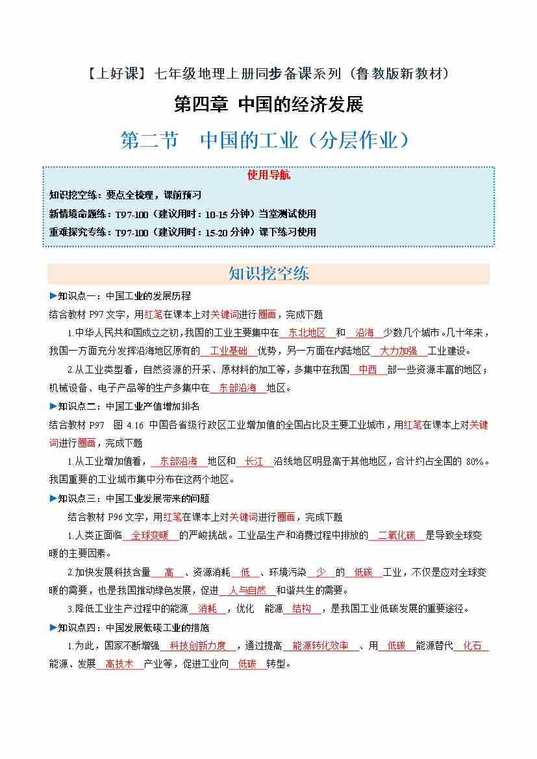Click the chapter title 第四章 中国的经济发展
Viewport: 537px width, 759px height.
[x=268, y=104]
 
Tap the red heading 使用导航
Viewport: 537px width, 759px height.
[x=268, y=175]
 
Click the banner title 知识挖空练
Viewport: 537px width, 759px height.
[x=268, y=273]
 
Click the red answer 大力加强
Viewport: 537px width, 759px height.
[x=399, y=351]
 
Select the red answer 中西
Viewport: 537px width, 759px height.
[x=367, y=370]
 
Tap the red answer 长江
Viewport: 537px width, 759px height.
[x=254, y=462]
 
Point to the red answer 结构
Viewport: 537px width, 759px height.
[x=301, y=609]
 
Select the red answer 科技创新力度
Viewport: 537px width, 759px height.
[x=197, y=646]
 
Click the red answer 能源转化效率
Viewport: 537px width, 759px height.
[x=320, y=646]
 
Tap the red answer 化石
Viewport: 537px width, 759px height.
[x=472, y=646]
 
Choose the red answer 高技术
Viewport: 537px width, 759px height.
[x=119, y=664]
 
